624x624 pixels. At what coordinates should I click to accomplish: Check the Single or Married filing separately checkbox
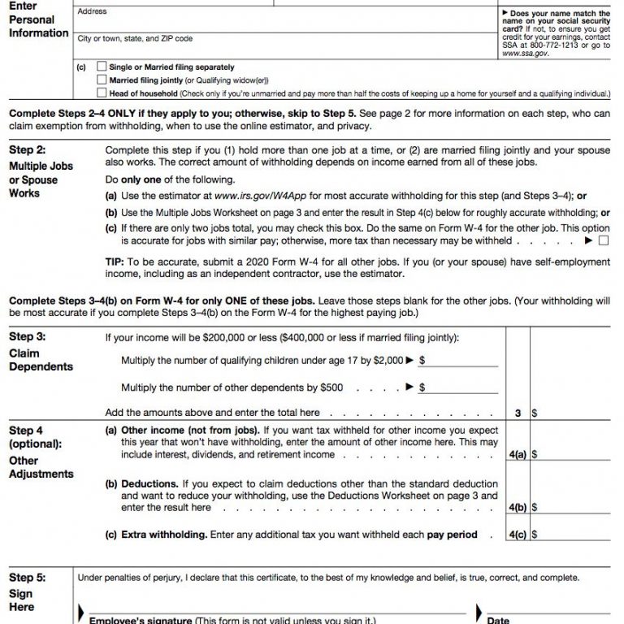pos(102,67)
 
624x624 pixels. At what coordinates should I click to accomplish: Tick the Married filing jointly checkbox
pos(102,80)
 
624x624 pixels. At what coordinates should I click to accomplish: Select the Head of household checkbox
pos(102,93)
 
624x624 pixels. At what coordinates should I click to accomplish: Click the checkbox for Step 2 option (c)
pos(603,240)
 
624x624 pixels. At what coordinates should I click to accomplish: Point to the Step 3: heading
pos(28,337)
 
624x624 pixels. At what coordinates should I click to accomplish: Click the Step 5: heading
pos(28,578)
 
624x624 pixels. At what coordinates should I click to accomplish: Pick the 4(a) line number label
pos(517,455)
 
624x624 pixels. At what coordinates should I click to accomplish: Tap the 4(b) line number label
pos(517,508)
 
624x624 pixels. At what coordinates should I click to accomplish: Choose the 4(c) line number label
pos(517,535)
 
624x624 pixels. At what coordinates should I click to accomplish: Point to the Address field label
pos(91,12)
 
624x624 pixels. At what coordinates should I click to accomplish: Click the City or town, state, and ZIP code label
pos(135,39)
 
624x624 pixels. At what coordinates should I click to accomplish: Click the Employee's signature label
pos(138,620)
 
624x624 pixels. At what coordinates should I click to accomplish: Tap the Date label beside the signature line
pos(499,620)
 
